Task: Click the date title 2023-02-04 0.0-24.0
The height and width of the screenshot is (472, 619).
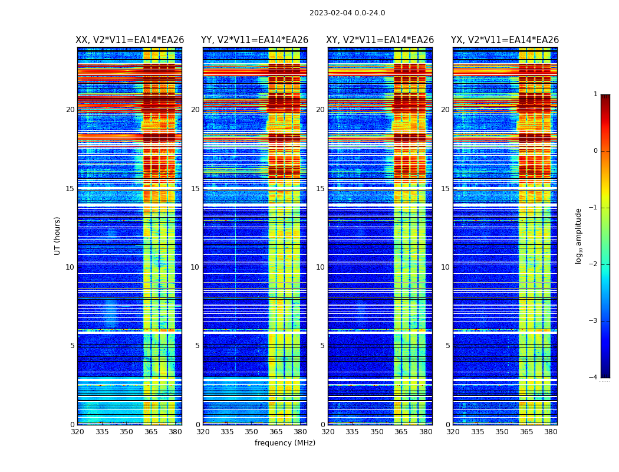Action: pyautogui.click(x=347, y=13)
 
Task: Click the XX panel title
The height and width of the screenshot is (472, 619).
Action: pyautogui.click(x=130, y=40)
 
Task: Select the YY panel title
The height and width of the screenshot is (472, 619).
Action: pyautogui.click(x=255, y=40)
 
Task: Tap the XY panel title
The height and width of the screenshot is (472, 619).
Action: pyautogui.click(x=380, y=40)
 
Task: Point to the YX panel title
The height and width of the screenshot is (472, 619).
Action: pyautogui.click(x=505, y=40)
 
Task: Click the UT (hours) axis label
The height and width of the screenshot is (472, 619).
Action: pyautogui.click(x=58, y=235)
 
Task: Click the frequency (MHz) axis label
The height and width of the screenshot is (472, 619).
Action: pyautogui.click(x=285, y=443)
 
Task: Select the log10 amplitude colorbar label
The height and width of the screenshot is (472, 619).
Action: pyautogui.click(x=578, y=235)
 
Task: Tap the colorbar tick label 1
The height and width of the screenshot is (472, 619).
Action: pyautogui.click(x=595, y=94)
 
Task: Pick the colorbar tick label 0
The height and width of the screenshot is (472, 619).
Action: pyautogui.click(x=595, y=151)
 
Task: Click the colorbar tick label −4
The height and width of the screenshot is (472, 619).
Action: pyautogui.click(x=594, y=378)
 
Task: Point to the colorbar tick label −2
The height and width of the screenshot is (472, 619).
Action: pyautogui.click(x=594, y=264)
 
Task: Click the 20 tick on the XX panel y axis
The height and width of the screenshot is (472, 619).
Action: pyautogui.click(x=70, y=110)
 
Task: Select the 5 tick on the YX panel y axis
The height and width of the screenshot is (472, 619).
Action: pyautogui.click(x=448, y=346)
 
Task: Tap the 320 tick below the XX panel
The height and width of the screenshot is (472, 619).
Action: pyautogui.click(x=77, y=432)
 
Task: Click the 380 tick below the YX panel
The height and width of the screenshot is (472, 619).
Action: pyautogui.click(x=551, y=432)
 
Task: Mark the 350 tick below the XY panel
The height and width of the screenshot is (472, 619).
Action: pyautogui.click(x=377, y=432)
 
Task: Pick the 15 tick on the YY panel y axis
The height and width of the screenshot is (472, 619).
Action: pyautogui.click(x=196, y=189)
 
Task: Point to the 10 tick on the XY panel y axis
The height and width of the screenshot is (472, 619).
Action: pyautogui.click(x=321, y=267)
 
